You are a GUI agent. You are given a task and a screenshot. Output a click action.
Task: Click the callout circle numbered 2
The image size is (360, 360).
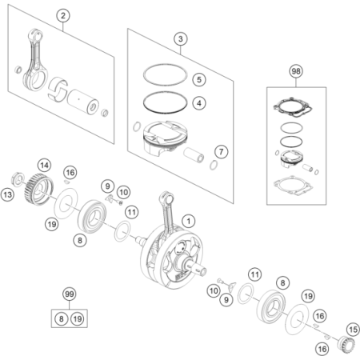[x=63, y=15]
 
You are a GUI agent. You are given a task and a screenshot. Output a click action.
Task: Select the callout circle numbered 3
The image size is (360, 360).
[x=181, y=39]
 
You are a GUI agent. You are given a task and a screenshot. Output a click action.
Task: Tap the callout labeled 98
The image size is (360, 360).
[x=296, y=71]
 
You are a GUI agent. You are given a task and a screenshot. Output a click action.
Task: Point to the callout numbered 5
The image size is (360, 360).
[x=199, y=79]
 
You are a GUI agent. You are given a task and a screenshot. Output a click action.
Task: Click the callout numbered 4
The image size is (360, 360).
[x=199, y=103]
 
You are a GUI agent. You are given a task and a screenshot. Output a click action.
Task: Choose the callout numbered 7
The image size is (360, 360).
[x=222, y=152]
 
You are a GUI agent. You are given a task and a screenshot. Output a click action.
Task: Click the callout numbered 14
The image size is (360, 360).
[x=44, y=166]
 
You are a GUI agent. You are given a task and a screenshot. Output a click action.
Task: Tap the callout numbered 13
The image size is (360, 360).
[x=7, y=194]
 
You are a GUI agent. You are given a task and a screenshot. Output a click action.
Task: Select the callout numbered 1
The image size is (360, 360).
[x=189, y=221]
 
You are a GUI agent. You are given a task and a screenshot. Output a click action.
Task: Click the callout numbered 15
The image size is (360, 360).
[x=353, y=330]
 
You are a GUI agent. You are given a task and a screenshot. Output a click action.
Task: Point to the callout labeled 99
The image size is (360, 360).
[x=70, y=294]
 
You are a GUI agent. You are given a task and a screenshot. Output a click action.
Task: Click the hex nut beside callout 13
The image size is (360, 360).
[x=18, y=179]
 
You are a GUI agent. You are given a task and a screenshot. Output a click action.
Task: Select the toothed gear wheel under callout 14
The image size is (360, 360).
[x=39, y=189]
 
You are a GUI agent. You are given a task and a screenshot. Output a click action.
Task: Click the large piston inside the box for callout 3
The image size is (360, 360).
[x=166, y=138]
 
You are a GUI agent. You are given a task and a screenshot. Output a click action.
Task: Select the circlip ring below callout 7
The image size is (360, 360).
[x=214, y=165]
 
